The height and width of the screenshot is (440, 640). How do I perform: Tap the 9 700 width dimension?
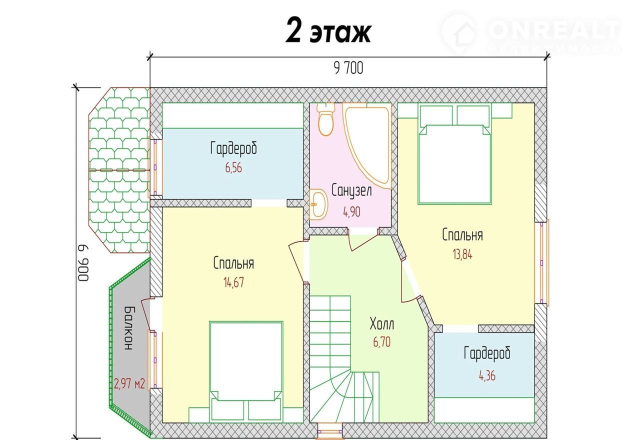click(348, 68)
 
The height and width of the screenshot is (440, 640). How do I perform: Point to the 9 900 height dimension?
click(83, 263)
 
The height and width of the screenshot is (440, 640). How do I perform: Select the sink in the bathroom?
click(319, 204)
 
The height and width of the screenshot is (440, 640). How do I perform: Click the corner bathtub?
click(367, 146)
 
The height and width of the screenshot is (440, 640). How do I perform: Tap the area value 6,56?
click(233, 167)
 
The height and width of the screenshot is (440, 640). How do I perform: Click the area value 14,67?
click(233, 282)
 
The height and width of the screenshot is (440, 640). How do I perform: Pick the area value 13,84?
click(462, 254)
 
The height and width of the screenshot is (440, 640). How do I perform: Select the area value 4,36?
click(487, 375)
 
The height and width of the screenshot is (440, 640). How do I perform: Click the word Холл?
click(381, 324)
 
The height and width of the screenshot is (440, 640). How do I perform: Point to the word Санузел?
click(351, 190)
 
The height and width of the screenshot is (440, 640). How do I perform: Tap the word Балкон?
click(129, 328)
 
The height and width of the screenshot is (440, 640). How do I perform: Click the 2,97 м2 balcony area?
click(129, 383)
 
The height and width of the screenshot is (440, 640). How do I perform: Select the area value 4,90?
click(351, 212)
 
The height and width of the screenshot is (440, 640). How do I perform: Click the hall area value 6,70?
click(381, 341)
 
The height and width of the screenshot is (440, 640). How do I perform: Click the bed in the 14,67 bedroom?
click(246, 371)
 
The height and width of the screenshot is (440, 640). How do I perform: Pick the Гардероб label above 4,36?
click(487, 354)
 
